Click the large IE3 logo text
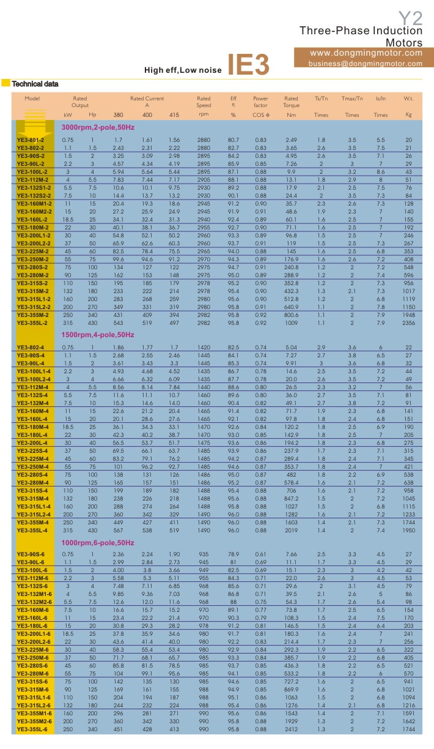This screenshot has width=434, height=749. click(x=248, y=65)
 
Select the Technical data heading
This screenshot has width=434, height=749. click(x=35, y=84)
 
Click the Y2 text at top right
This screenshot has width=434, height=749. click(x=410, y=17)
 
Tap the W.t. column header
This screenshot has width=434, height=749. click(x=408, y=99)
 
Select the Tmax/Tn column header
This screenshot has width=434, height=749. click(x=352, y=99)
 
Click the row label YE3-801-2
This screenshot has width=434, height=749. click(x=31, y=140)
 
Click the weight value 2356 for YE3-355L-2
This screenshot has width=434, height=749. click(x=408, y=323)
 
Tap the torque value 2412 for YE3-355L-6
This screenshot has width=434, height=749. click(x=291, y=729)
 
